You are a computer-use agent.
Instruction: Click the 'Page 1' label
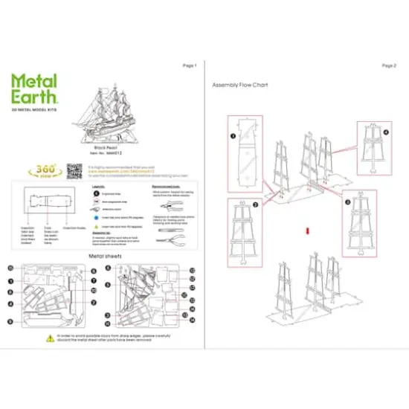click(x=189, y=66)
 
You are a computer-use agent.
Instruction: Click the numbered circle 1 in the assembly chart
click(x=233, y=137)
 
